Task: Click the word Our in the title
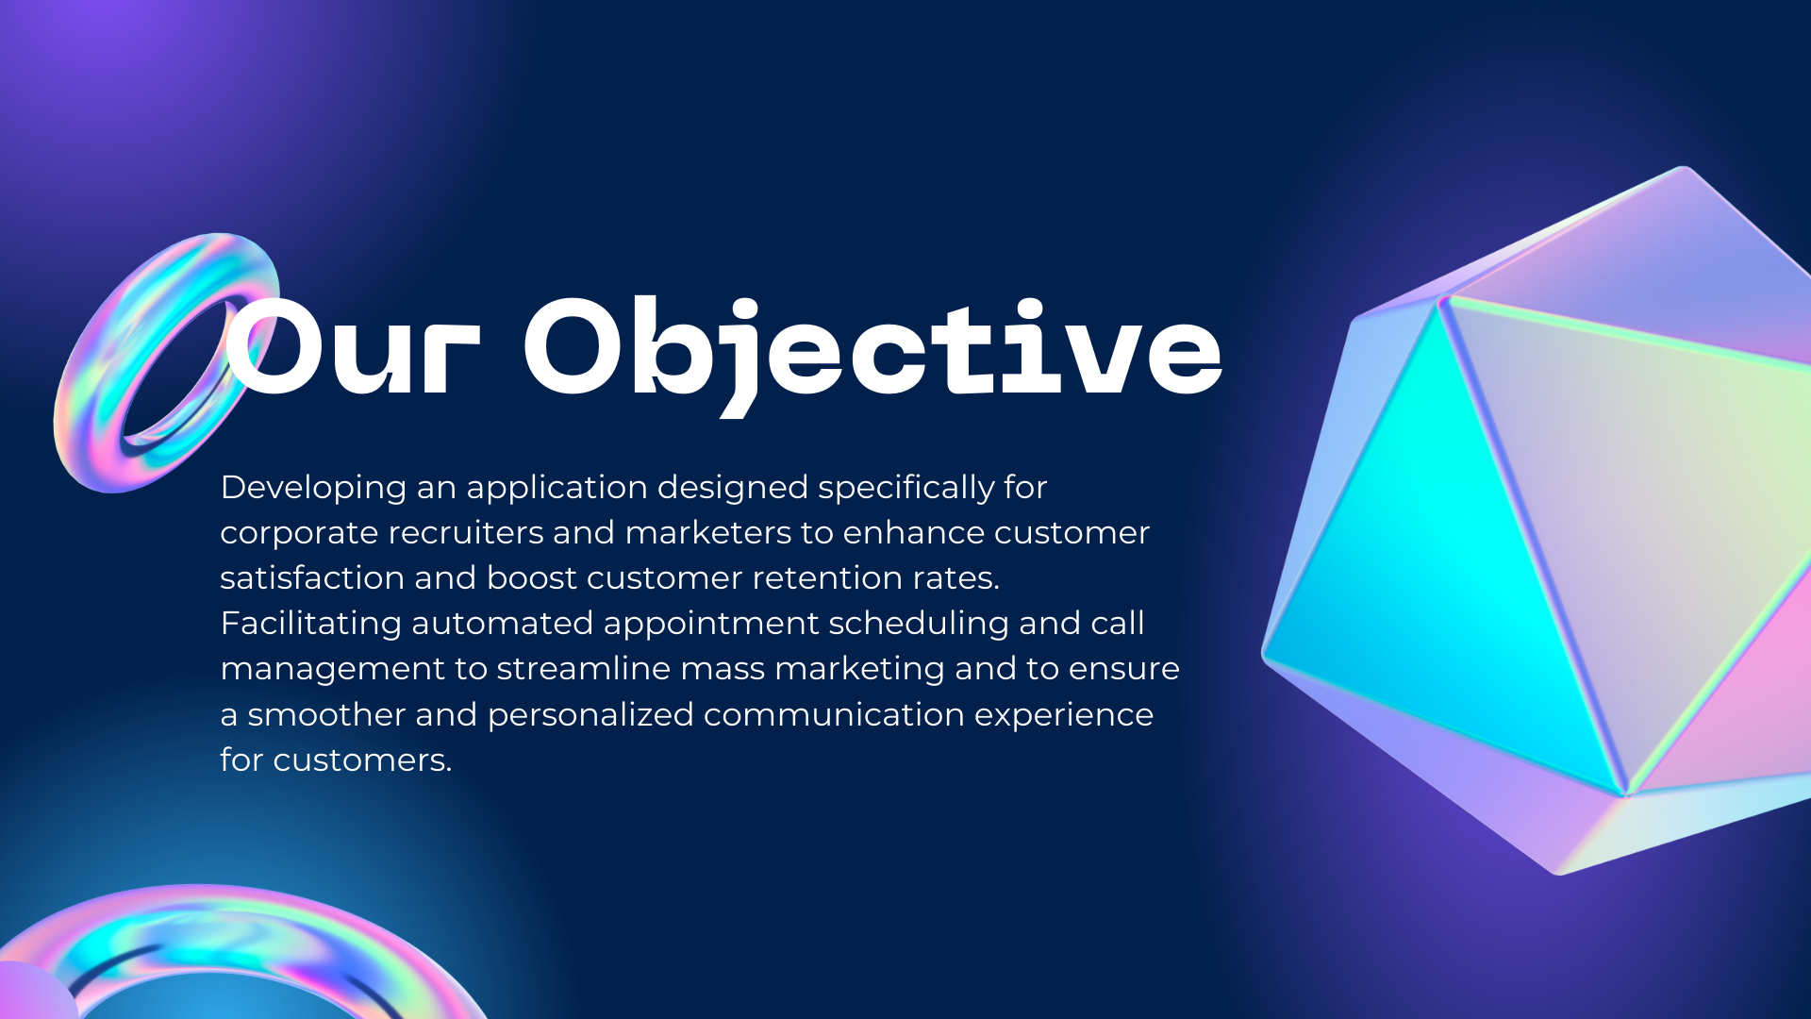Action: [352, 346]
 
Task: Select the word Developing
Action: [313, 489]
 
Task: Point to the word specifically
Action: [905, 489]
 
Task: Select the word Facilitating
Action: [310, 624]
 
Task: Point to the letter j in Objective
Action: [741, 359]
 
